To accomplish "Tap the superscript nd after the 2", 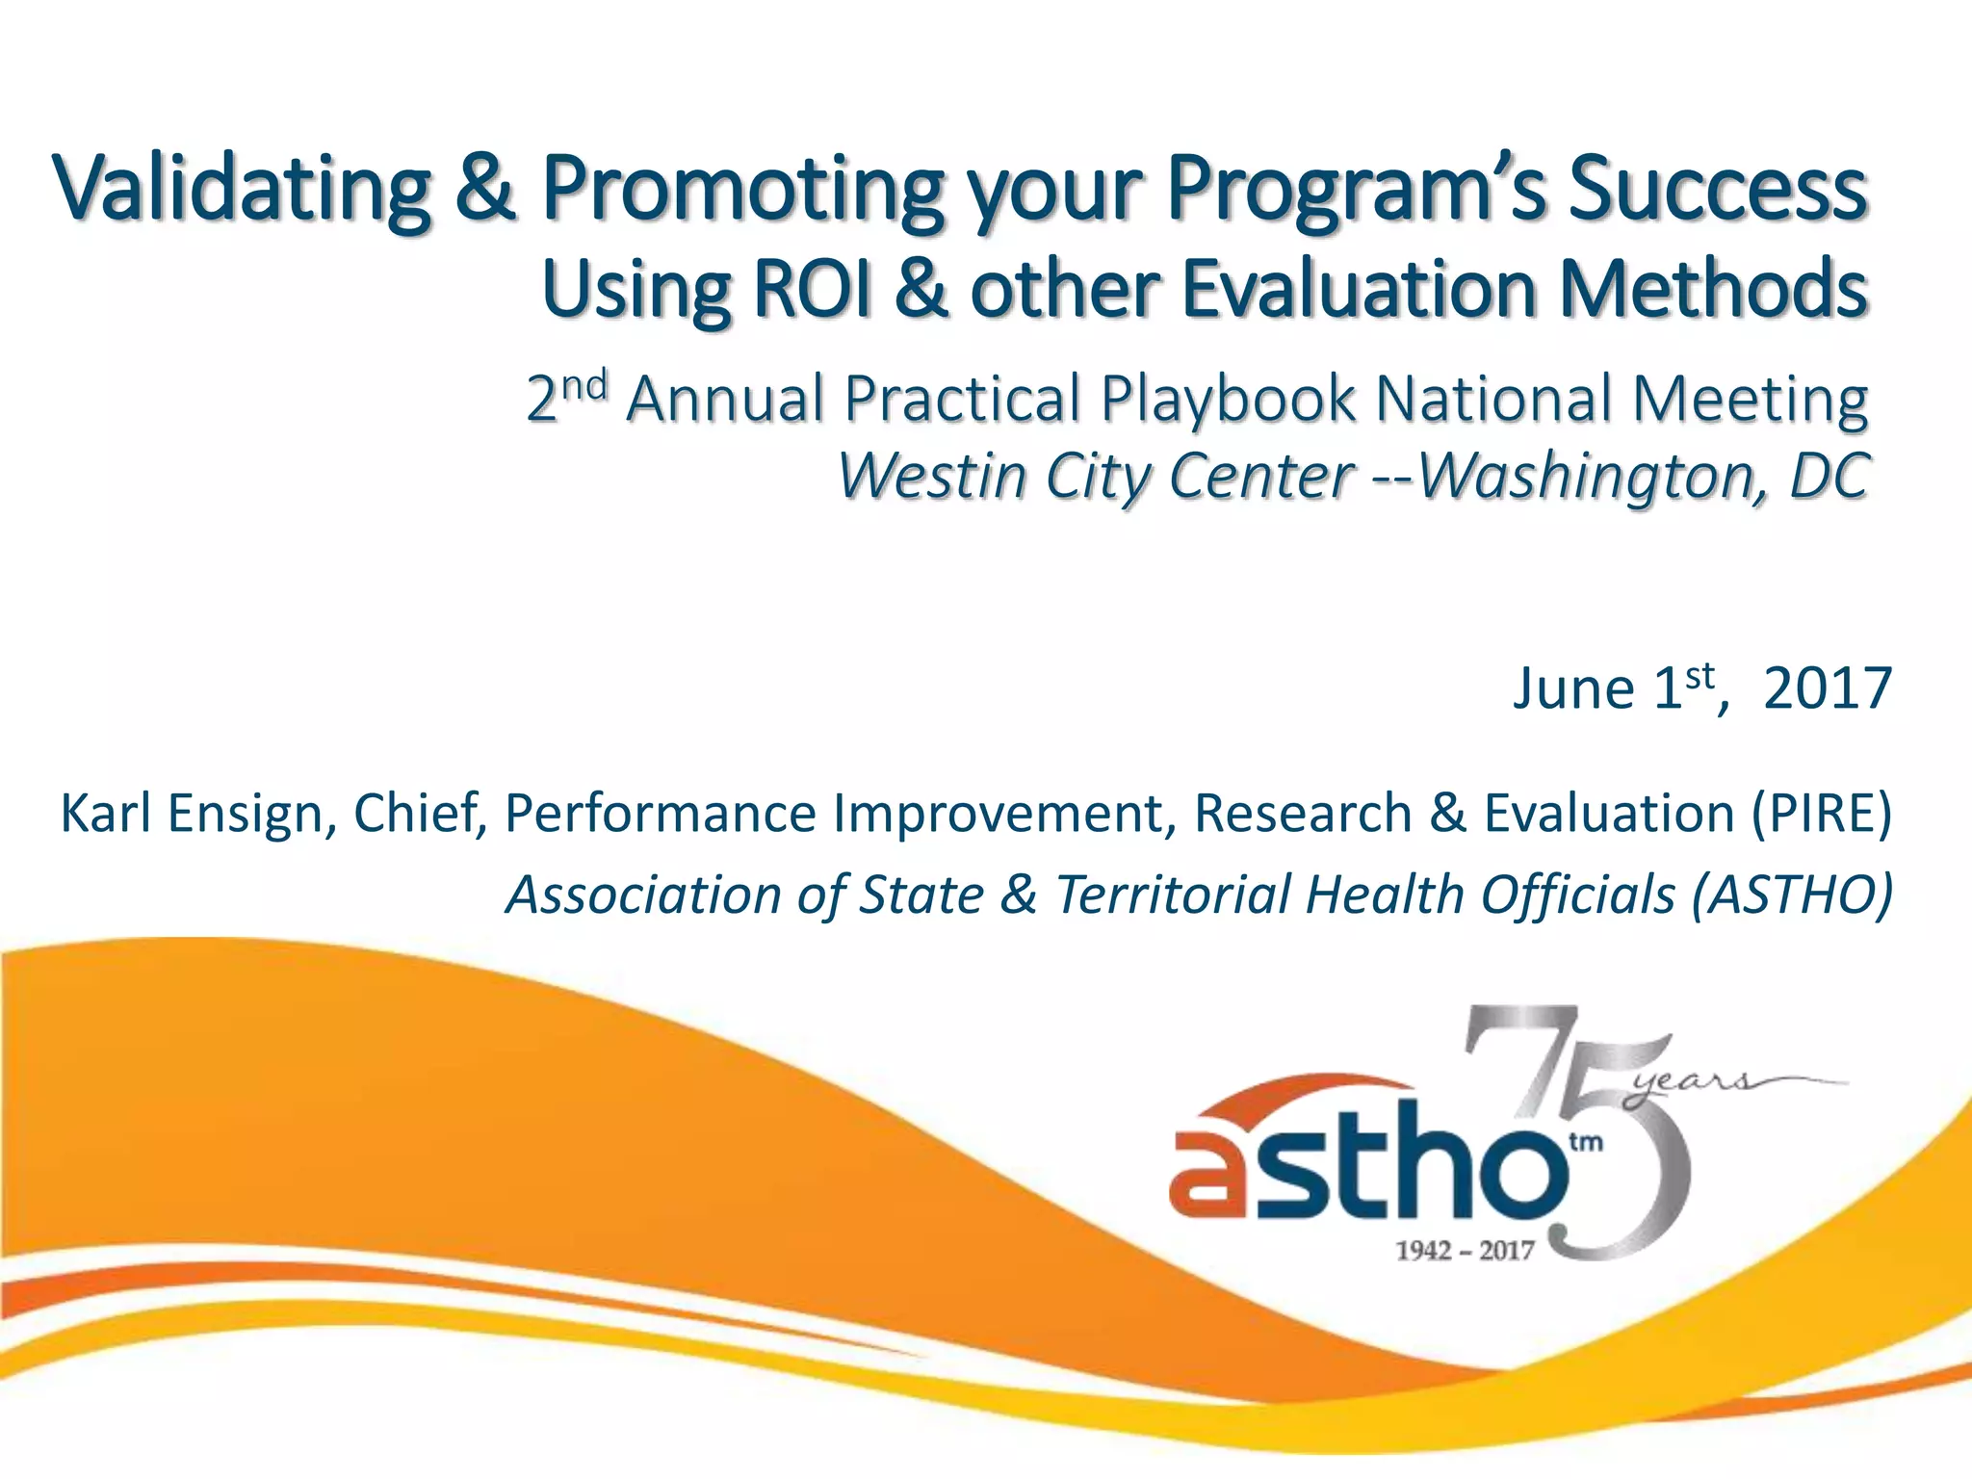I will (584, 385).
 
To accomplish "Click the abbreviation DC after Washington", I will (1829, 476).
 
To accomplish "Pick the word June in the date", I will (1572, 689).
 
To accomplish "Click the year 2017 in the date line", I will (1827, 689).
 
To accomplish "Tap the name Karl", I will (108, 813).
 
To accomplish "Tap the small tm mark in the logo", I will (1586, 1143).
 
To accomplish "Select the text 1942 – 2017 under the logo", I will (1465, 1251).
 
